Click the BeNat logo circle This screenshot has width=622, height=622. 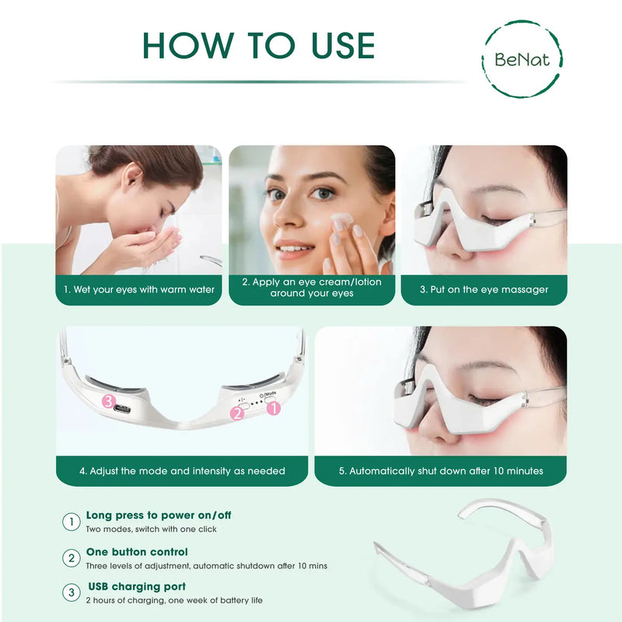point(522,59)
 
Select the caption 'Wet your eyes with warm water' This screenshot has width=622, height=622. point(139,290)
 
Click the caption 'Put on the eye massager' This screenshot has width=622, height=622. point(484,290)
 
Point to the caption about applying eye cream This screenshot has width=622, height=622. point(312,288)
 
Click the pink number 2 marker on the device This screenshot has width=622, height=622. point(237,413)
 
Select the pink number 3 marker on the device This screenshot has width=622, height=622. point(110,401)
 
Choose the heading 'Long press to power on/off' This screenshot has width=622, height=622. point(159,515)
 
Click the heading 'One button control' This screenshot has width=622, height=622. point(137,552)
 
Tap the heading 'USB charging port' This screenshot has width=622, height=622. point(137,587)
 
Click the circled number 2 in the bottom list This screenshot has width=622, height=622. point(72,558)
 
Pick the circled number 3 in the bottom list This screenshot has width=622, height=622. point(72,593)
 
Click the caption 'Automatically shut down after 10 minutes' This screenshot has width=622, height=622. point(441,471)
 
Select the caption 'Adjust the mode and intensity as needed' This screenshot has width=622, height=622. point(182,471)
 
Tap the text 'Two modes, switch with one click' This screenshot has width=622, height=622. point(151,529)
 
